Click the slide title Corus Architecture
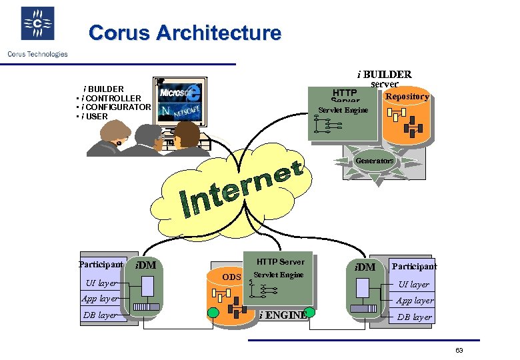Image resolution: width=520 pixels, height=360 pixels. click(x=185, y=33)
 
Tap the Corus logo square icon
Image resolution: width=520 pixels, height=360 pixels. click(x=37, y=24)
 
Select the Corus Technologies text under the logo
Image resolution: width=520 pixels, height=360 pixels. click(x=37, y=54)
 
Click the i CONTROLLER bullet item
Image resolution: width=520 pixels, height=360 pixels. click(x=111, y=99)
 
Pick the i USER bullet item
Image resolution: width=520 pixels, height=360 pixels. click(x=94, y=117)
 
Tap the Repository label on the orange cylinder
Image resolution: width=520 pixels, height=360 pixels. click(x=407, y=97)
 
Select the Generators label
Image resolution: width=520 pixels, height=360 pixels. click(x=374, y=161)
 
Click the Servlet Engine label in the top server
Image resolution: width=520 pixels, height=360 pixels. click(x=343, y=110)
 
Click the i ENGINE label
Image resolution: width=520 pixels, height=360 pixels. click(x=283, y=315)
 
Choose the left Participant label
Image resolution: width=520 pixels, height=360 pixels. click(x=101, y=265)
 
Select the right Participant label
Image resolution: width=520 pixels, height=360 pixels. click(x=414, y=266)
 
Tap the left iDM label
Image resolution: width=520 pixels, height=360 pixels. click(x=145, y=265)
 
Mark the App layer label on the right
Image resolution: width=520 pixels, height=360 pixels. click(x=414, y=301)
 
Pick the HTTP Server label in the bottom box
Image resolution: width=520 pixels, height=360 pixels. click(x=280, y=262)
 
